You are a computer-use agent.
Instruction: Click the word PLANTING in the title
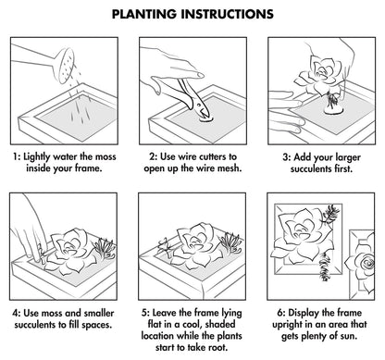tap(144, 14)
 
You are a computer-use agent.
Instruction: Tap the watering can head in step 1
tap(65, 66)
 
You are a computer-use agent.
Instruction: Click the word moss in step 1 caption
tap(106, 156)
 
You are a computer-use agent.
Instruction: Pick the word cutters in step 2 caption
tap(213, 156)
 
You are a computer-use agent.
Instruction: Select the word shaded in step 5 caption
tap(220, 324)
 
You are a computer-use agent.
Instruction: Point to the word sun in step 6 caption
tap(349, 336)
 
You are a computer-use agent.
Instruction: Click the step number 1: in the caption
tap(17, 156)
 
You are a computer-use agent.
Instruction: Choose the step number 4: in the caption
tap(17, 313)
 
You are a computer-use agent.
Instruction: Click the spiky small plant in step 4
tap(104, 248)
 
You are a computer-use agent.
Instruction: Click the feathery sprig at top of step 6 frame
tap(330, 214)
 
